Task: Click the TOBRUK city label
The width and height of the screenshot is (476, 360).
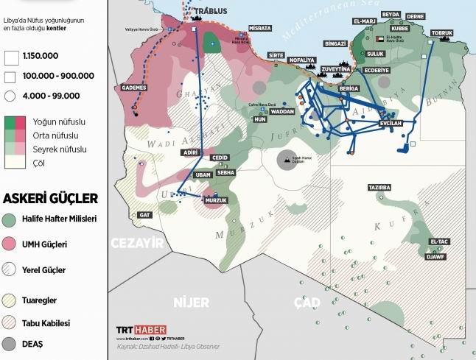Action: pyautogui.click(x=441, y=33)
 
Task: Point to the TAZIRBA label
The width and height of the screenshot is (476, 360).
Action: pyautogui.click(x=379, y=188)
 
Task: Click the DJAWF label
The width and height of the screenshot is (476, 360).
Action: pyautogui.click(x=435, y=257)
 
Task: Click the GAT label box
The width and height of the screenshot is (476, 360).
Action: pyautogui.click(x=144, y=215)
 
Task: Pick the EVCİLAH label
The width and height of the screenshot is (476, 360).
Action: pyautogui.click(x=391, y=123)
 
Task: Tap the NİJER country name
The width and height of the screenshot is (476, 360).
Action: pyautogui.click(x=191, y=302)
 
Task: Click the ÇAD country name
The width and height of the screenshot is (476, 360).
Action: pyautogui.click(x=307, y=302)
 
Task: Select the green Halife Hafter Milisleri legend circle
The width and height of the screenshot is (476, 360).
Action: pyautogui.click(x=10, y=219)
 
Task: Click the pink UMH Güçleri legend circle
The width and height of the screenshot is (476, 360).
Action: pyautogui.click(x=10, y=244)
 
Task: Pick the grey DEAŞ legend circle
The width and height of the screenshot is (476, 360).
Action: pyautogui.click(x=10, y=343)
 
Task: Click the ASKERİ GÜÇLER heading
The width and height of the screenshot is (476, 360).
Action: pyautogui.click(x=50, y=198)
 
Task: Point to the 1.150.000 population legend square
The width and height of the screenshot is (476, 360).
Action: pyautogui.click(x=10, y=56)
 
